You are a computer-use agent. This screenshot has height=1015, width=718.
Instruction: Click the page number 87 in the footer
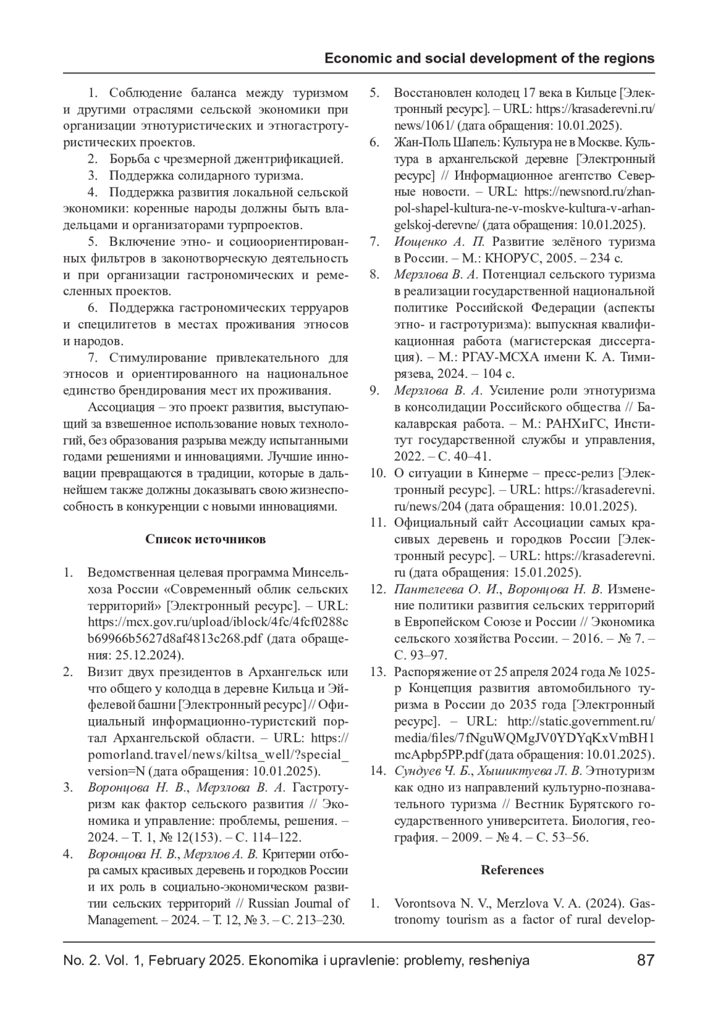click(646, 961)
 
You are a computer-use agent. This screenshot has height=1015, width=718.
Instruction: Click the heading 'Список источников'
click(205, 539)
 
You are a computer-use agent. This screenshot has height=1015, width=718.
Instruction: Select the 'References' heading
click(512, 870)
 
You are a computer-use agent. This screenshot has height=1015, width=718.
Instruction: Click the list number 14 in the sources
click(377, 771)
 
